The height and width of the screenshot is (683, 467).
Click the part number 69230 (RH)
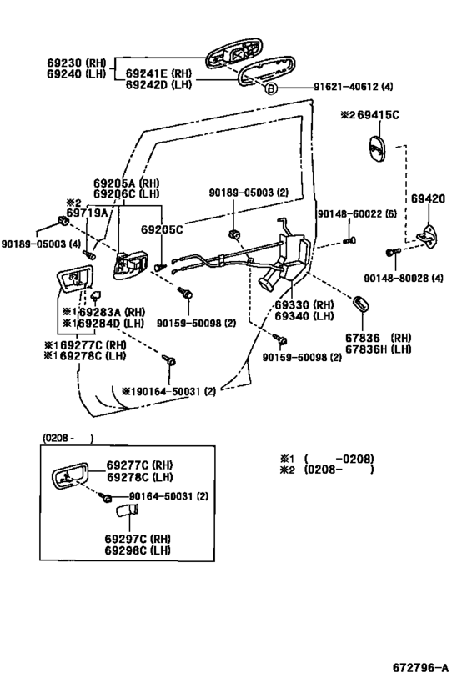pos(78,62)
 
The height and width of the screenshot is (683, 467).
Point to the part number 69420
pos(428,199)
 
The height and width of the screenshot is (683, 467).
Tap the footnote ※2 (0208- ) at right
pos(326,470)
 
